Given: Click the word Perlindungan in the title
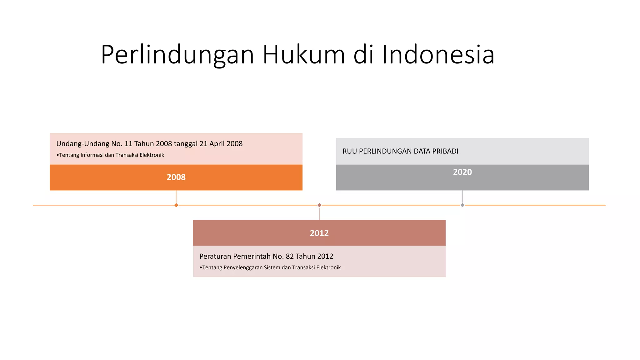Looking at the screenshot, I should click(x=177, y=55).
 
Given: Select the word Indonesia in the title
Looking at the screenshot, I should click(x=438, y=55).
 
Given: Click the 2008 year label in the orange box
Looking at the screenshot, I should click(x=176, y=177).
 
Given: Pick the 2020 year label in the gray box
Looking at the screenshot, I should click(x=462, y=172).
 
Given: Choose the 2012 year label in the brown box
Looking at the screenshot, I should click(x=319, y=233).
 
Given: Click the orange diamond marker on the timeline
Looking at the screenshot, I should click(x=176, y=205).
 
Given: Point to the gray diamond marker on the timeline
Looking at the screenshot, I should click(x=462, y=205).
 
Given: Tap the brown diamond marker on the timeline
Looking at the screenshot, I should click(x=319, y=205).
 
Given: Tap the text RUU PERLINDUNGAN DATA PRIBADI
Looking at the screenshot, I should click(x=400, y=151).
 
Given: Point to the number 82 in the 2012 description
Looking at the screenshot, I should click(x=290, y=256).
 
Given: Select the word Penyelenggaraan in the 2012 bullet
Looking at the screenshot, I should click(x=243, y=267).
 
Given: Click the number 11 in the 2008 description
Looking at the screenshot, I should click(x=128, y=144).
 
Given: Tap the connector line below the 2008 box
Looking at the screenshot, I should click(x=176, y=197).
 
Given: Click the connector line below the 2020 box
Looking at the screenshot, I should click(x=462, y=197).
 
